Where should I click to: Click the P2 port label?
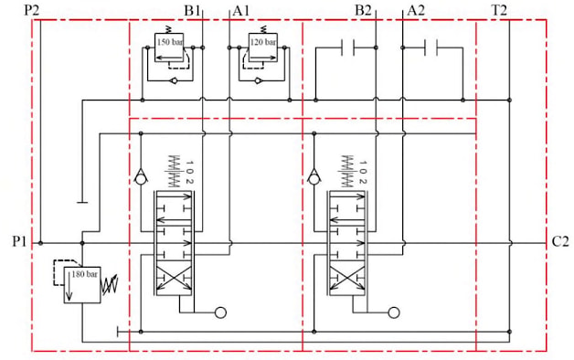click(x=31, y=10)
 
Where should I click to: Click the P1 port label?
click(x=19, y=242)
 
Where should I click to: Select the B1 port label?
click(x=192, y=11)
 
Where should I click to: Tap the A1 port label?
click(x=241, y=11)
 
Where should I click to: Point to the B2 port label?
click(x=363, y=11)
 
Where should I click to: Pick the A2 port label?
click(x=416, y=11)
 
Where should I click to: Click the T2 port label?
click(x=499, y=11)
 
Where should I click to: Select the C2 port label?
click(x=560, y=242)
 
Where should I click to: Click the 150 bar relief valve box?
click(x=169, y=48)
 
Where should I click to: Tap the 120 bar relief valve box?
click(x=263, y=48)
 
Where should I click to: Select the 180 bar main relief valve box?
click(x=82, y=285)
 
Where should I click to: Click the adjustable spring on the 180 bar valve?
click(x=110, y=285)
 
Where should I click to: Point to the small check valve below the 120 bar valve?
click(x=258, y=80)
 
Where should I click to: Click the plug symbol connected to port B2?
click(x=347, y=48)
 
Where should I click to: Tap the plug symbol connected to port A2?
click(x=430, y=48)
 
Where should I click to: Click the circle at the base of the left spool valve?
click(x=220, y=312)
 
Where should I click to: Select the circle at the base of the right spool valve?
click(x=394, y=312)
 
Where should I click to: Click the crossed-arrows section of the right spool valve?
click(x=347, y=278)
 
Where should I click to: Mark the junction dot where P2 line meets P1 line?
click(x=40, y=243)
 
